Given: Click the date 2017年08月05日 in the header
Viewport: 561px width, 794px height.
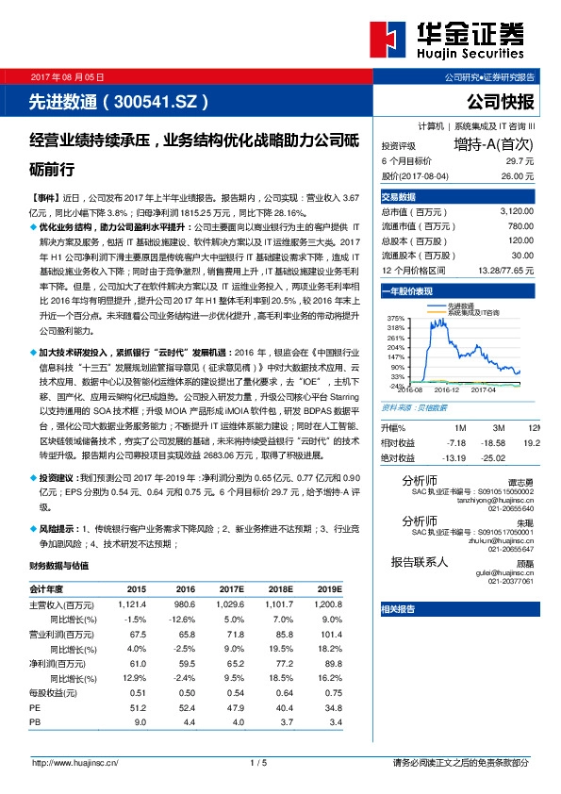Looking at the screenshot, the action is point(68,75).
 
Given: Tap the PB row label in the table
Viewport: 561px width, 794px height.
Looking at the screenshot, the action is point(35,721).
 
